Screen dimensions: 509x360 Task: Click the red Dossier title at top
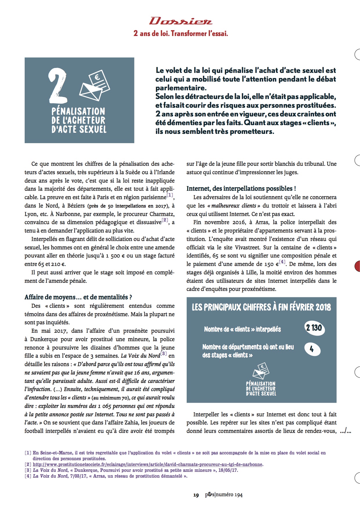181,21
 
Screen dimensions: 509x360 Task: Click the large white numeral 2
58,87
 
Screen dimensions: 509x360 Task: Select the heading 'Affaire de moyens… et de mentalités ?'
78,297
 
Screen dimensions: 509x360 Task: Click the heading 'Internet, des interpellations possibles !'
241,188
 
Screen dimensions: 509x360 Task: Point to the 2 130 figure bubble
314,328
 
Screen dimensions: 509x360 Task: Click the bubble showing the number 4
312,349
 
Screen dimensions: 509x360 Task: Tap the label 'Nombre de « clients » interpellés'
242,329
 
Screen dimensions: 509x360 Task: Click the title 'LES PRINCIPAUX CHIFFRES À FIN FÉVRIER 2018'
261,307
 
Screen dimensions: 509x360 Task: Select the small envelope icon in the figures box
261,370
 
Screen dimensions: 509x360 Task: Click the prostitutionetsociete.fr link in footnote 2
147,464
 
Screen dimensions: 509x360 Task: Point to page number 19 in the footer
196,495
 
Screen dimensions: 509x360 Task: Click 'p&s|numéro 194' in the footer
224,495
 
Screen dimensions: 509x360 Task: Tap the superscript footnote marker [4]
282,262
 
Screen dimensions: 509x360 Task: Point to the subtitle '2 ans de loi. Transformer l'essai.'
181,33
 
